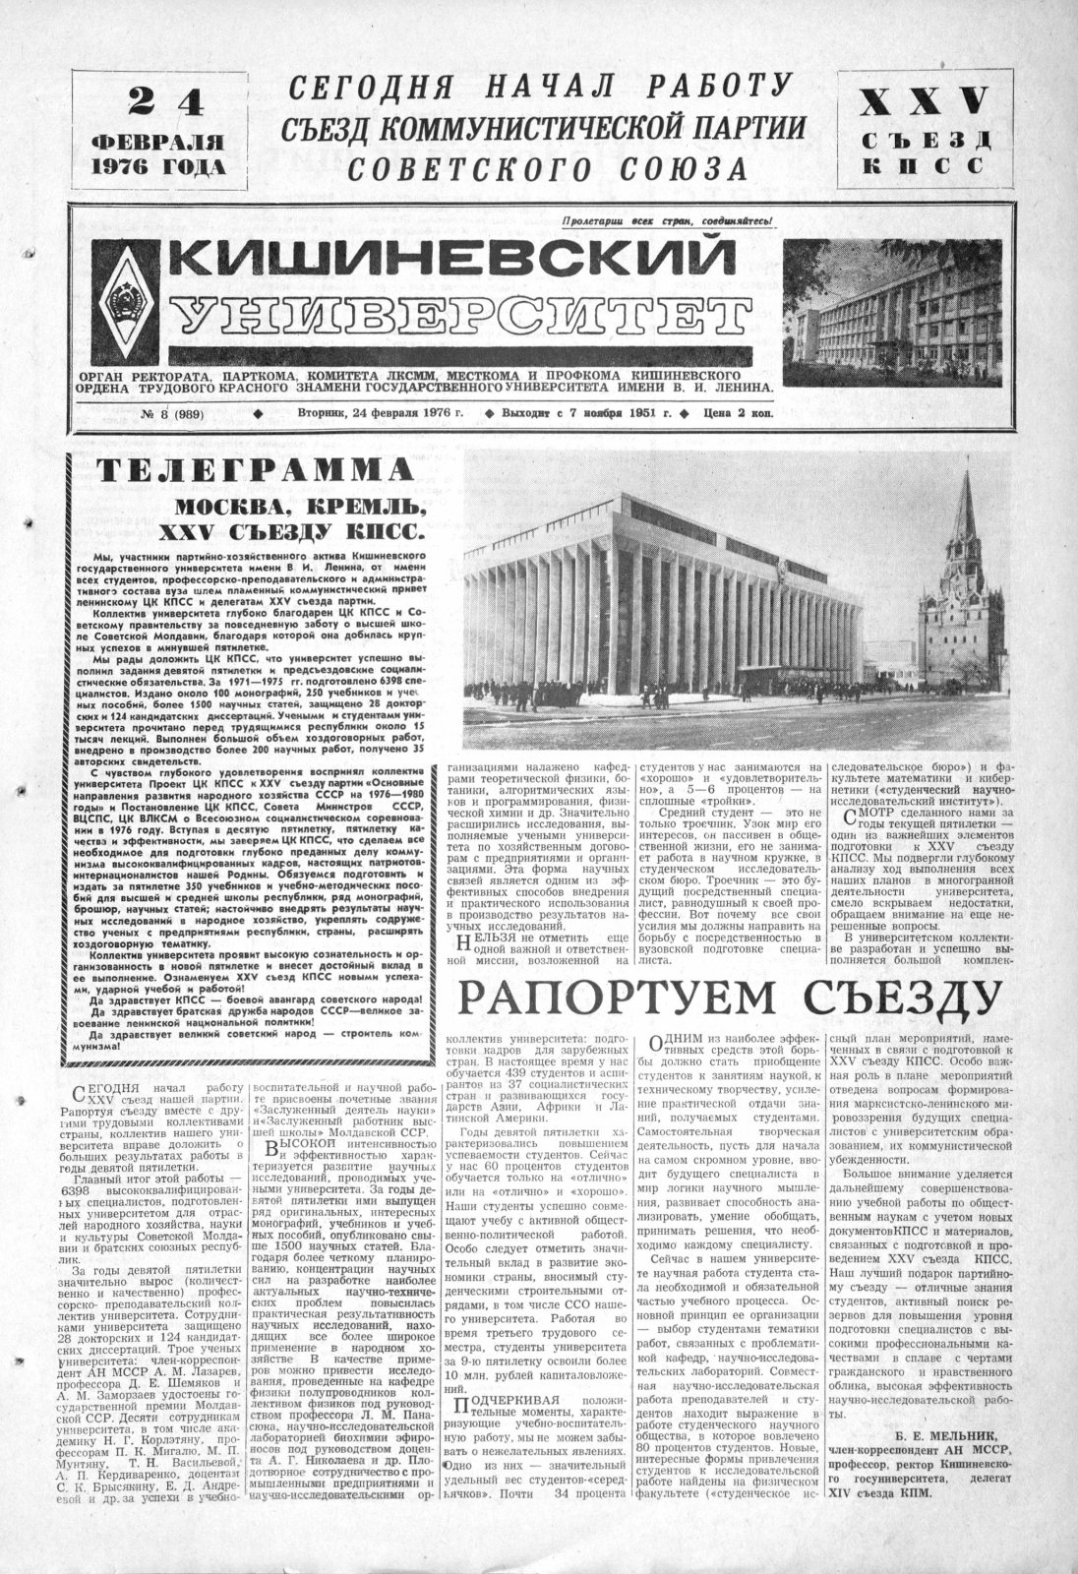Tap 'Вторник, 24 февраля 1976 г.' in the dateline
pyautogui.click(x=380, y=414)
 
